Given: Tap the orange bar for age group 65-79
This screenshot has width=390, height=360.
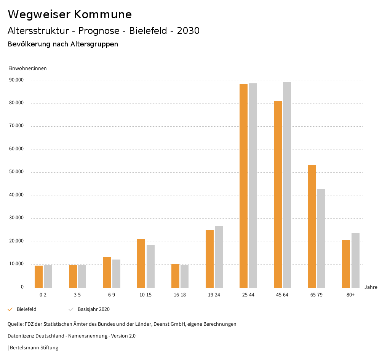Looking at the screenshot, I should pyautogui.click(x=312, y=226).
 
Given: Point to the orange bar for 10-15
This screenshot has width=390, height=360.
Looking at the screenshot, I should pyautogui.click(x=141, y=263).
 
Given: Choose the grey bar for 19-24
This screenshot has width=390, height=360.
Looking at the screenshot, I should pyautogui.click(x=219, y=257).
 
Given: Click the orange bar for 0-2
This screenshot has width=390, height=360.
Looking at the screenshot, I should pyautogui.click(x=38, y=277).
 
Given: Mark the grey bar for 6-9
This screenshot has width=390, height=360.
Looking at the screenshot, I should pyautogui.click(x=116, y=274).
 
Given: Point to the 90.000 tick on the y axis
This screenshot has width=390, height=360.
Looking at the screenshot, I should pyautogui.click(x=16, y=80).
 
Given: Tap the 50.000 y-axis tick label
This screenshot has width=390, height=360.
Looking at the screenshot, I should pyautogui.click(x=16, y=172).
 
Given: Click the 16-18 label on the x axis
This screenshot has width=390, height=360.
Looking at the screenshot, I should pyautogui.click(x=180, y=295).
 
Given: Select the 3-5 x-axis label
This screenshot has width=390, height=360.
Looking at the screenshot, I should pyautogui.click(x=77, y=295).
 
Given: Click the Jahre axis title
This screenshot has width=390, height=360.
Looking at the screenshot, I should pyautogui.click(x=371, y=287).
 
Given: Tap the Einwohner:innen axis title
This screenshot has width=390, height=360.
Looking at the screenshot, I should pyautogui.click(x=27, y=68).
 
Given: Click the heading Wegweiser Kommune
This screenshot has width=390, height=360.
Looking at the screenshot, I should pyautogui.click(x=70, y=14).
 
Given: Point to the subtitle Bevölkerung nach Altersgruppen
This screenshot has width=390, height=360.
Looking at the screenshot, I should pyautogui.click(x=63, y=44).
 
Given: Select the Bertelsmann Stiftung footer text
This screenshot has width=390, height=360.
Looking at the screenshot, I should pyautogui.click(x=34, y=348).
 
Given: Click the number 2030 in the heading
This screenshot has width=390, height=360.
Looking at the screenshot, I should pyautogui.click(x=188, y=31).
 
